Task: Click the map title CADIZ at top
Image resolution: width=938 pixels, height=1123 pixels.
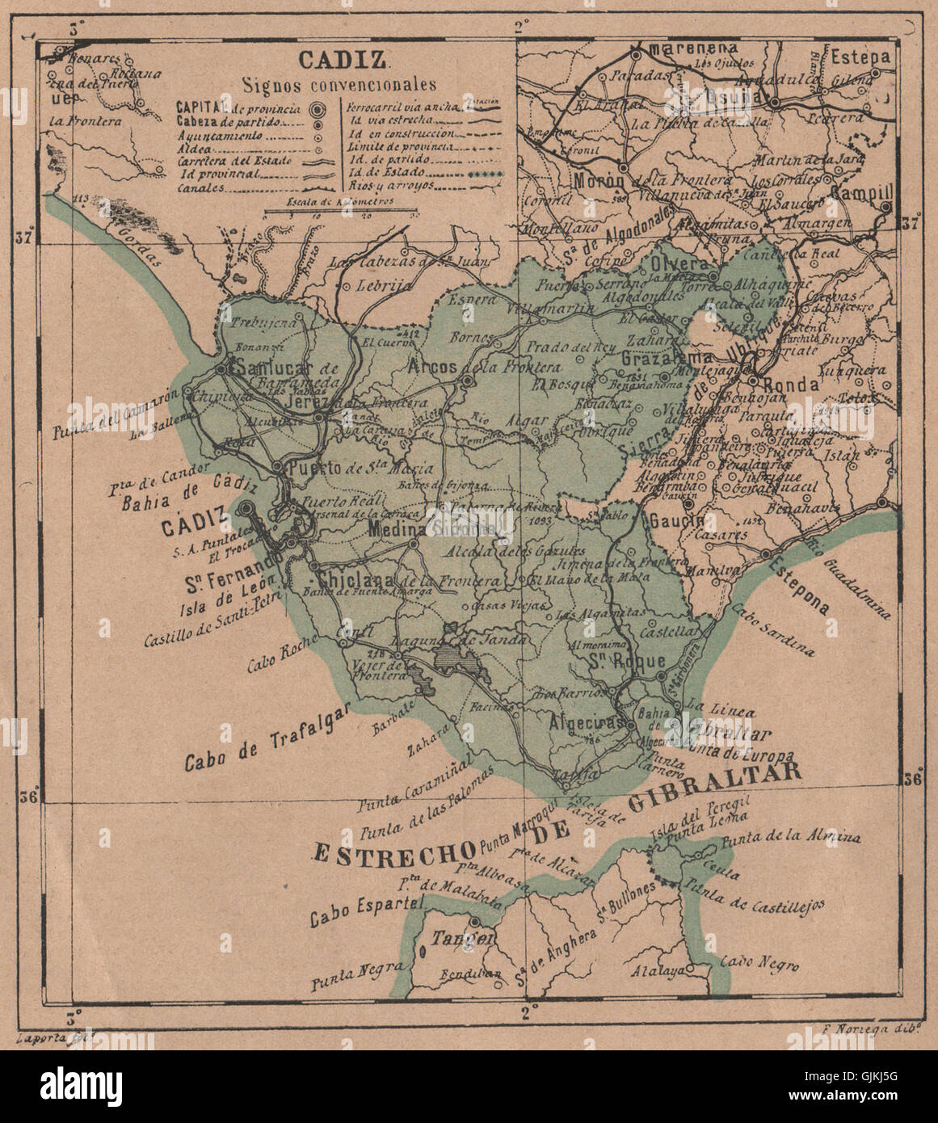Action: [344, 59]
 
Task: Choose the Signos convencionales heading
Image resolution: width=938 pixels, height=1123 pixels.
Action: [339, 84]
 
